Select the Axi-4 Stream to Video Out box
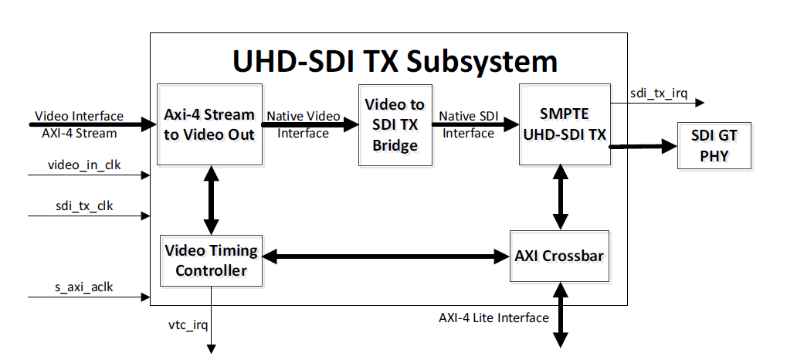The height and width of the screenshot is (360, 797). click(x=209, y=124)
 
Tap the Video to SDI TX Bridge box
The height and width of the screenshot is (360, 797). click(x=394, y=124)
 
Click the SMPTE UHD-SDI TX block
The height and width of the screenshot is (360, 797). click(x=564, y=124)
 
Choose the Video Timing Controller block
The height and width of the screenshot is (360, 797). click(x=211, y=261)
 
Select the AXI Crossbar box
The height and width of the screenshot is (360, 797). click(x=559, y=256)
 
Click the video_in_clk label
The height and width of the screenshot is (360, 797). click(x=84, y=165)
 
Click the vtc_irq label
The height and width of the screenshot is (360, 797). click(x=188, y=324)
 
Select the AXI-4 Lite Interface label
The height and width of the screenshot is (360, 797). click(x=493, y=318)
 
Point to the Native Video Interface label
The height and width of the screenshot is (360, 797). click(x=303, y=124)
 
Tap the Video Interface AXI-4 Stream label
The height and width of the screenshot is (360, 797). click(x=78, y=124)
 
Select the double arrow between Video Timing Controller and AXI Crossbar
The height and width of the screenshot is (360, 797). click(x=384, y=255)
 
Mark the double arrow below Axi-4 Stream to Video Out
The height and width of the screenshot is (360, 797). click(x=209, y=200)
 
